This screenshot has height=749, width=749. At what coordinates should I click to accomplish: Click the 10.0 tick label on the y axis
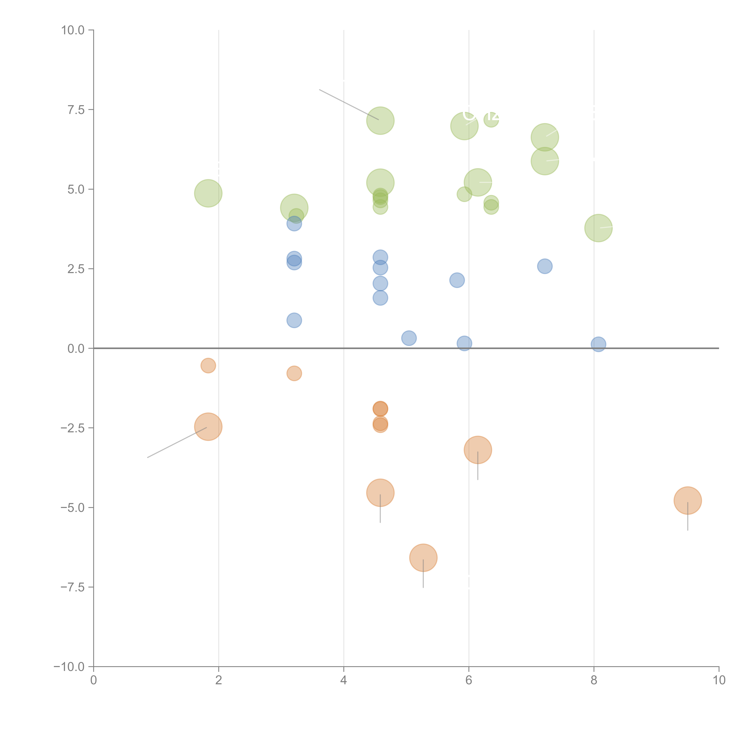click(x=73, y=30)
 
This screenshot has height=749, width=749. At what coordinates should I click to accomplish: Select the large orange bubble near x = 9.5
click(x=687, y=500)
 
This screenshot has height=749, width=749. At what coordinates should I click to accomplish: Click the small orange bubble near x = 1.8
click(x=208, y=365)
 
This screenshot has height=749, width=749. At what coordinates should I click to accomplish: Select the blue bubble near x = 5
click(x=409, y=338)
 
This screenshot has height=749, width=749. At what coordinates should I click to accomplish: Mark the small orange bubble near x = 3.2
click(x=294, y=373)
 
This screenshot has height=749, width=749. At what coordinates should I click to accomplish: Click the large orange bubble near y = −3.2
click(x=478, y=450)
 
